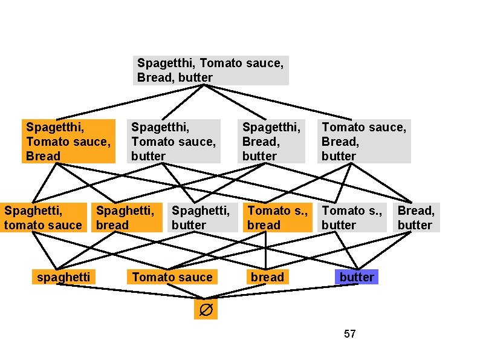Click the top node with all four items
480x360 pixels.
210,70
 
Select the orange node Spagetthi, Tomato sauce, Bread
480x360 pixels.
68,141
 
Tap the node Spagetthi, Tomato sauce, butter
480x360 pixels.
174,141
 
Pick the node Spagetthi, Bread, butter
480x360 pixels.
271,141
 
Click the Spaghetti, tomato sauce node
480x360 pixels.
43,218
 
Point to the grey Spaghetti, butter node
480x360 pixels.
201,218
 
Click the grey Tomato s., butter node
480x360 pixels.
351,218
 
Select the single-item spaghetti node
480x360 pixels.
63,277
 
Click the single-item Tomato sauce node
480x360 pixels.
172,277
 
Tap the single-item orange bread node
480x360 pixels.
267,277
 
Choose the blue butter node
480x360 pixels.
357,277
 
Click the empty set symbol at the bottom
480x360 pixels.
205,310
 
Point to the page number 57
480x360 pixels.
349,333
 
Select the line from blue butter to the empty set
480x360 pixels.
284,290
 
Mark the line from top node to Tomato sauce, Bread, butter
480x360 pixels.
284,103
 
